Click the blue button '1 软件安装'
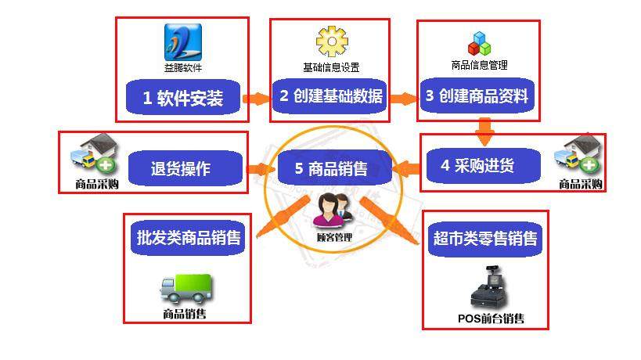tap(183, 99)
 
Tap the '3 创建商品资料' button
tap(477, 96)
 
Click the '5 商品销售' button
tap(332, 167)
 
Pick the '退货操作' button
tap(181, 168)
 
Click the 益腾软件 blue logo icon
tap(182, 41)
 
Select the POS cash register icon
tap(489, 289)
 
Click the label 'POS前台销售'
tap(491, 318)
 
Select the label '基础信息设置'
tap(331, 67)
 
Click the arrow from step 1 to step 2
tap(256, 99)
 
